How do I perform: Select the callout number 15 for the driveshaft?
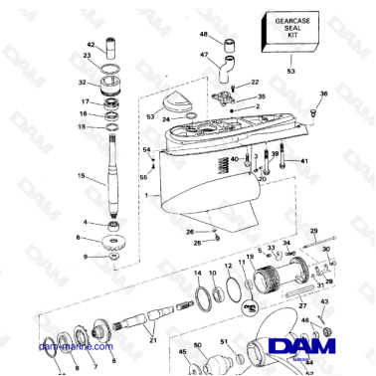pyautogui.click(x=83, y=176)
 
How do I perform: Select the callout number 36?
pyautogui.click(x=322, y=94)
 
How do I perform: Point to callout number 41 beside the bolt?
pyautogui.click(x=305, y=161)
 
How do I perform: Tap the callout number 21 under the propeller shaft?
pyautogui.click(x=152, y=341)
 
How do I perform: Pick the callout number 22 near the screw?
pyautogui.click(x=255, y=82)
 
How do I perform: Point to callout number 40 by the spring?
pyautogui.click(x=234, y=159)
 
